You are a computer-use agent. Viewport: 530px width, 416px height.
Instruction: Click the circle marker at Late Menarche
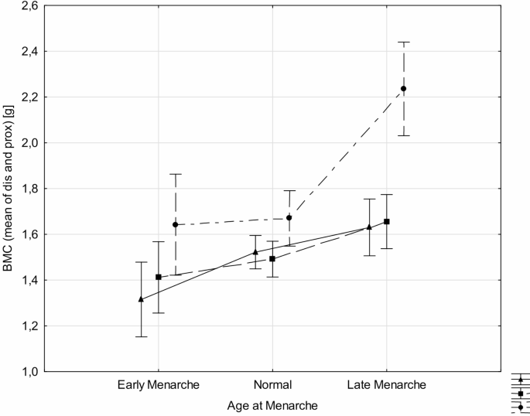click(x=403, y=89)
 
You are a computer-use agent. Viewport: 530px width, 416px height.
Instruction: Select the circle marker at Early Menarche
click(x=176, y=224)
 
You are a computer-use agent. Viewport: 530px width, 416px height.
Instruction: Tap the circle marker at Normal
click(x=289, y=218)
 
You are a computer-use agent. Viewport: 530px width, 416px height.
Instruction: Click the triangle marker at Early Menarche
click(x=141, y=298)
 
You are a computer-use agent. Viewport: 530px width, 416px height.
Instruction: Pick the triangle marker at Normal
click(x=255, y=252)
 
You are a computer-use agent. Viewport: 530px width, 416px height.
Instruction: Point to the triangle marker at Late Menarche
click(x=369, y=227)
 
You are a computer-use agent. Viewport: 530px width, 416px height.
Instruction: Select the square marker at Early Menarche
click(x=159, y=277)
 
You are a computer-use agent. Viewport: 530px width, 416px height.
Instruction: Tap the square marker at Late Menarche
click(x=386, y=222)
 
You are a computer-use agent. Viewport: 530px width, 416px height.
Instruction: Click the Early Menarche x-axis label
click(x=159, y=384)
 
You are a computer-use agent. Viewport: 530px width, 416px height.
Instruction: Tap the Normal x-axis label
click(x=272, y=384)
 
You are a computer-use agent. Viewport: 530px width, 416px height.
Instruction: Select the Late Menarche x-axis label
click(x=386, y=384)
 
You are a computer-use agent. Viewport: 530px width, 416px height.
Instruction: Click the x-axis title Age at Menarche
click(x=272, y=404)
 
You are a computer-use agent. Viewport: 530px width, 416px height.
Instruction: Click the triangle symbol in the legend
click(x=520, y=380)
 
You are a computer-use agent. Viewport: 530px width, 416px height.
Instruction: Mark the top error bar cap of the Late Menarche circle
click(x=403, y=42)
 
